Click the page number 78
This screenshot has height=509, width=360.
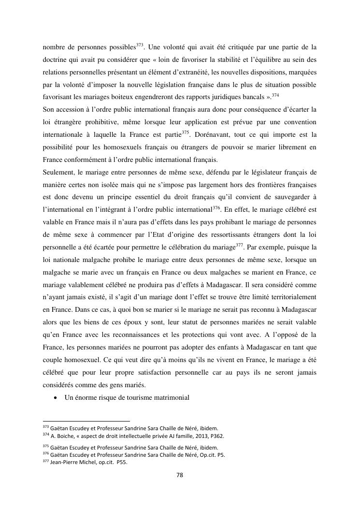(x=180, y=475)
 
